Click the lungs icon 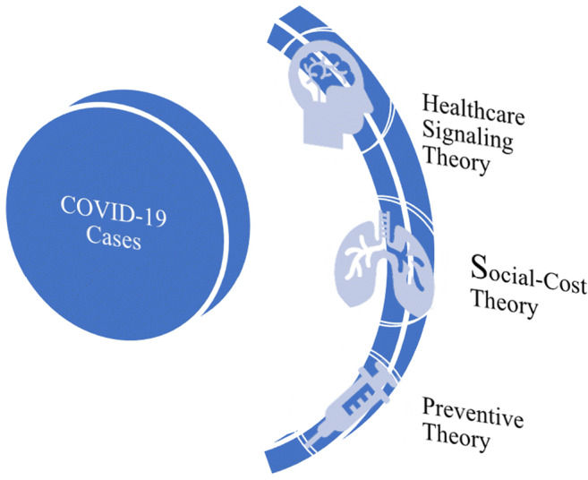click(379, 256)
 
